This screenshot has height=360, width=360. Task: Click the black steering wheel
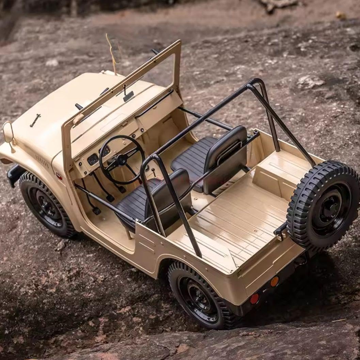pyautogui.click(x=122, y=160)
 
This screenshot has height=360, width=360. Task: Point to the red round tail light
pyautogui.click(x=254, y=299)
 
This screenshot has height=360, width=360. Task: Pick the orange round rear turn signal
pyautogui.click(x=275, y=281)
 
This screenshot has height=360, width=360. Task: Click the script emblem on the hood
pyautogui.click(x=35, y=120)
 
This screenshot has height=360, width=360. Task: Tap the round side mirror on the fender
pyautogui.click(x=8, y=133)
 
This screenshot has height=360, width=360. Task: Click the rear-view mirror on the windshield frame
pyautogui.click(x=128, y=96)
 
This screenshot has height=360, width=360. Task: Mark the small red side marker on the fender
pyautogui.click(x=59, y=176)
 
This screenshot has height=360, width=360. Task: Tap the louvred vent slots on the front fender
pyautogui.click(x=42, y=162)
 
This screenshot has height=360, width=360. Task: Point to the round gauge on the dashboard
pyautogui.click(x=93, y=159)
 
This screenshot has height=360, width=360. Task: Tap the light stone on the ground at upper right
pyautogui.click(x=310, y=82)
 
